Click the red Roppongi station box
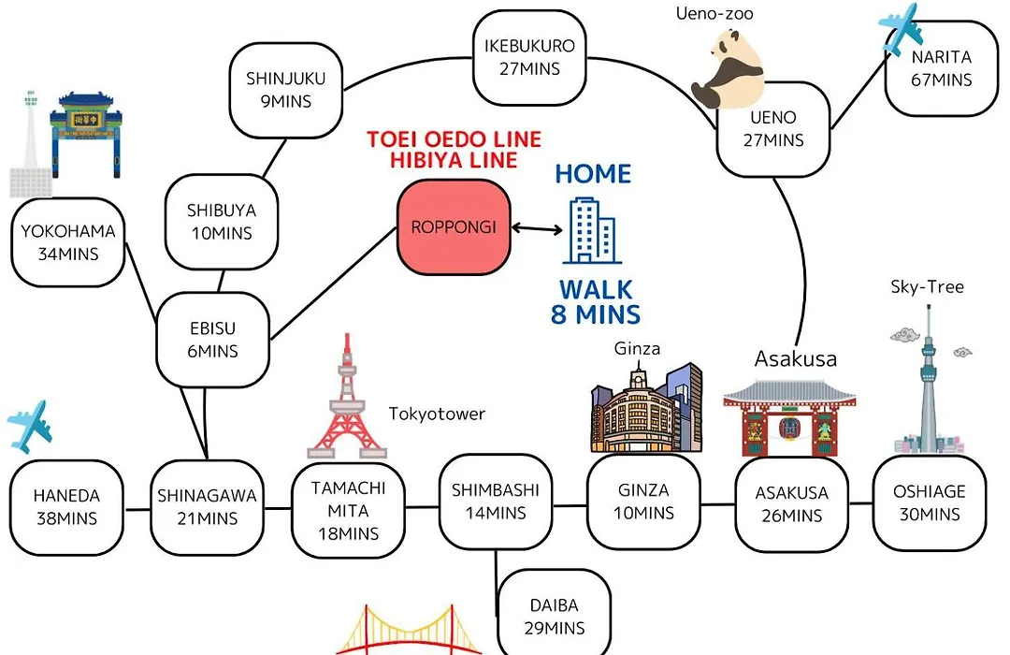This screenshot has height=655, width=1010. coord(454,227)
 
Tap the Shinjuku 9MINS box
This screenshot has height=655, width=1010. coord(286,90)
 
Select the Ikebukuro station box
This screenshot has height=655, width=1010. coord(529,57)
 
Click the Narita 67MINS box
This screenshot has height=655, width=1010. coord(941,68)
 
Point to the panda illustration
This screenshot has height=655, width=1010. coord(728,69)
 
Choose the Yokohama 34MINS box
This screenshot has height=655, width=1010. coord(68,242)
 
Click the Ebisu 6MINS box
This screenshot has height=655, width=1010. coord(213,340)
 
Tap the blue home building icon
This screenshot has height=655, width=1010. coord(592,231)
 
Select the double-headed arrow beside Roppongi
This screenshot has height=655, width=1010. coord(537,228)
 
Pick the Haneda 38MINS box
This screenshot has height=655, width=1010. coord(66,507)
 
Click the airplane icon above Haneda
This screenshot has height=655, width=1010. coord(29,427)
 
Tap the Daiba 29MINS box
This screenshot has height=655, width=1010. coord(554,616)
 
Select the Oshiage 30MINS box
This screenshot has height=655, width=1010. coord(930,502)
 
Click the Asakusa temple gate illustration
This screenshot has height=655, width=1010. coord(789,418)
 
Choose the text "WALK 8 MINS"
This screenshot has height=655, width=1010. coord(596,302)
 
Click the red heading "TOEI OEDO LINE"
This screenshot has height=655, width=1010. coord(454,139)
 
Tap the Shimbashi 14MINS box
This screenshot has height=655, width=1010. coord(496,502)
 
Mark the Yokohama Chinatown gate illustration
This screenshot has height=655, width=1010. coord(86,134)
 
